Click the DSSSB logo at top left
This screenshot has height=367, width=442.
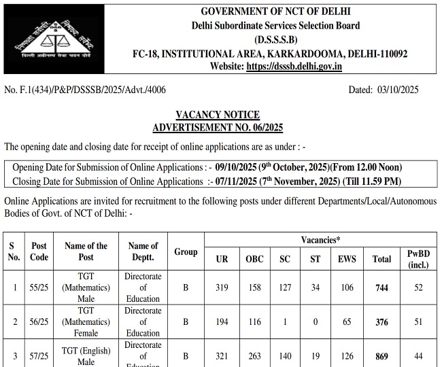click(48, 38)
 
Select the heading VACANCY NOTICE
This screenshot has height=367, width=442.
click(218, 115)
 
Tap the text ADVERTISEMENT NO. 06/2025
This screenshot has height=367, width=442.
click(218, 127)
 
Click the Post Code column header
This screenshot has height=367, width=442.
click(39, 251)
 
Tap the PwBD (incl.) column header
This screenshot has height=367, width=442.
click(418, 258)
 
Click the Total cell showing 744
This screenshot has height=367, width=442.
click(381, 287)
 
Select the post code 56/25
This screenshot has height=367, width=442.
click(39, 322)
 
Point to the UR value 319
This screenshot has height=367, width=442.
click(222, 287)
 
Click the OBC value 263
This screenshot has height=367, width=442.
click(254, 356)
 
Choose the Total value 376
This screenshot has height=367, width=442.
click(381, 322)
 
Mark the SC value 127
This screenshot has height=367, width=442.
click(285, 287)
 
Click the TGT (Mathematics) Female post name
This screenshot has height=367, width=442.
click(86, 321)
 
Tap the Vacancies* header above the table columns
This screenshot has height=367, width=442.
click(321, 240)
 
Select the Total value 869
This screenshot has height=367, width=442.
click(381, 356)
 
